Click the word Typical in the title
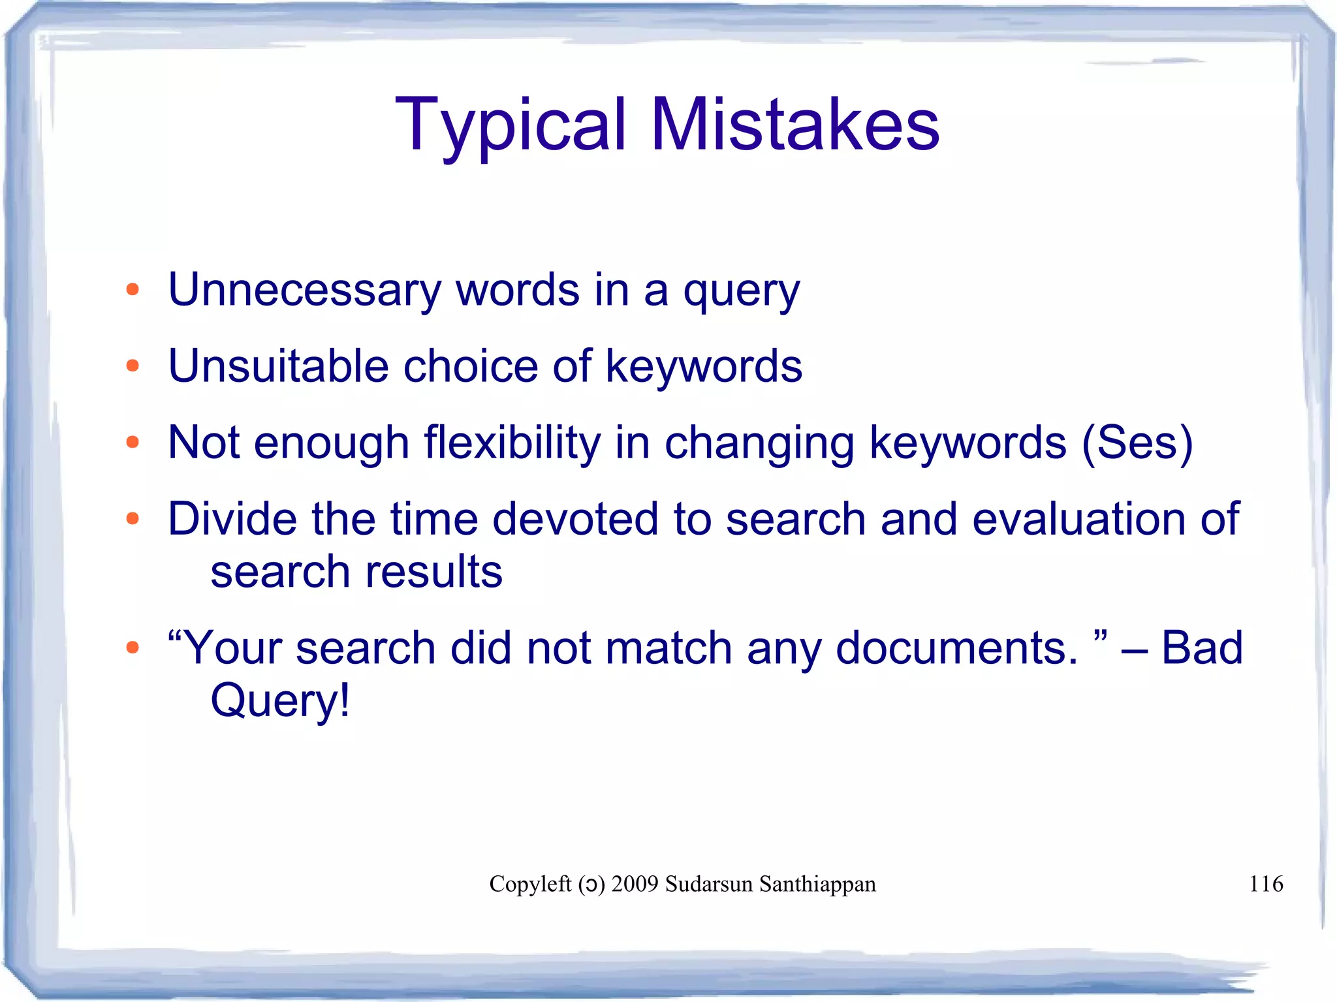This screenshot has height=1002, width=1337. click(x=511, y=125)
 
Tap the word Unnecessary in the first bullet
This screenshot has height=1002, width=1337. click(x=304, y=290)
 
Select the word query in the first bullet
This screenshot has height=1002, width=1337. click(x=741, y=293)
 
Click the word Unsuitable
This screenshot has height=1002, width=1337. click(x=278, y=366)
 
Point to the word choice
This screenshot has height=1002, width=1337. click(x=471, y=366)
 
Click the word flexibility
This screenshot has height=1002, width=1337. click(x=512, y=443)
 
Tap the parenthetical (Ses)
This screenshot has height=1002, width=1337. click(x=1137, y=443)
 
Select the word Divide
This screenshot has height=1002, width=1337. click(x=232, y=519)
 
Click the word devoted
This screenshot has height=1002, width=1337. click(x=574, y=519)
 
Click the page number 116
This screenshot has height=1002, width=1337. click(x=1266, y=884)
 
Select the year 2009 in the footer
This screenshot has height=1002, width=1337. click(x=635, y=884)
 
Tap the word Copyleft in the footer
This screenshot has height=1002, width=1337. click(x=530, y=884)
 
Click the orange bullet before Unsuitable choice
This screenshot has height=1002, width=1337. click(x=133, y=366)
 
